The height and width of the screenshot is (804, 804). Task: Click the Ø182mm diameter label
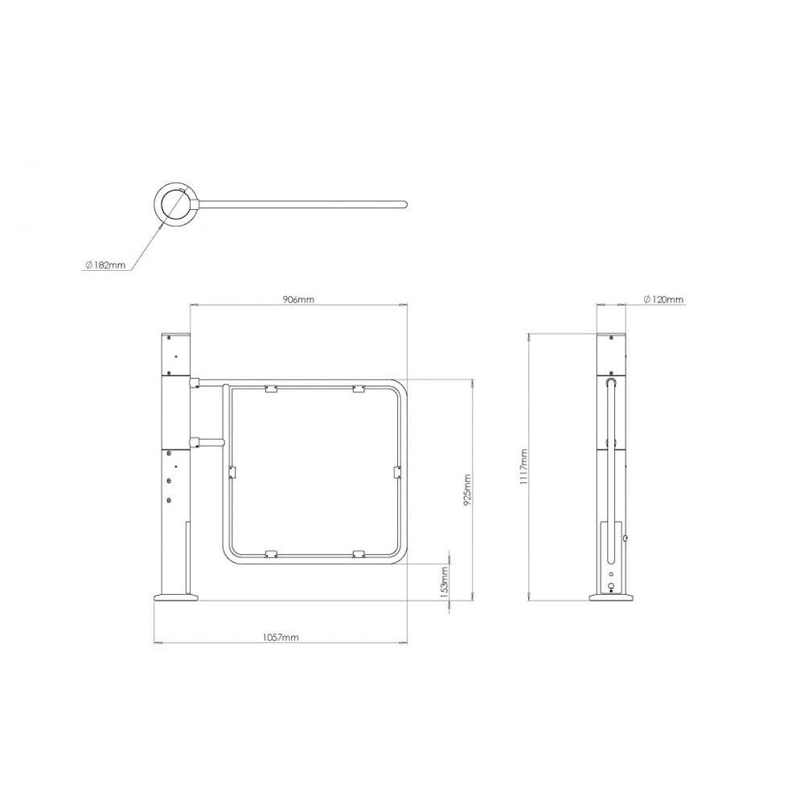click(x=105, y=265)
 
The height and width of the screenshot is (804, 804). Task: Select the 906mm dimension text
click(x=297, y=299)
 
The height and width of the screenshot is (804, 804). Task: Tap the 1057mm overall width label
click(x=281, y=637)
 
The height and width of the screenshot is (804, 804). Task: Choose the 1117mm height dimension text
click(x=523, y=466)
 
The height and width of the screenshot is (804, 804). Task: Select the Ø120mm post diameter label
click(x=663, y=299)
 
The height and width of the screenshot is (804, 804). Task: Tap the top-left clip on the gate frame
click(x=271, y=390)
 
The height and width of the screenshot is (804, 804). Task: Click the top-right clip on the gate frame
click(x=359, y=390)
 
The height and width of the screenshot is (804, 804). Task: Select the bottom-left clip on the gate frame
click(x=271, y=553)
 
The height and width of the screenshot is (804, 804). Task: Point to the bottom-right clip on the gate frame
click(x=359, y=553)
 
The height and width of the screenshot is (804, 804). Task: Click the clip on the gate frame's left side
click(x=231, y=471)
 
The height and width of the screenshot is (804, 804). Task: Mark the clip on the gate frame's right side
click(x=396, y=471)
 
